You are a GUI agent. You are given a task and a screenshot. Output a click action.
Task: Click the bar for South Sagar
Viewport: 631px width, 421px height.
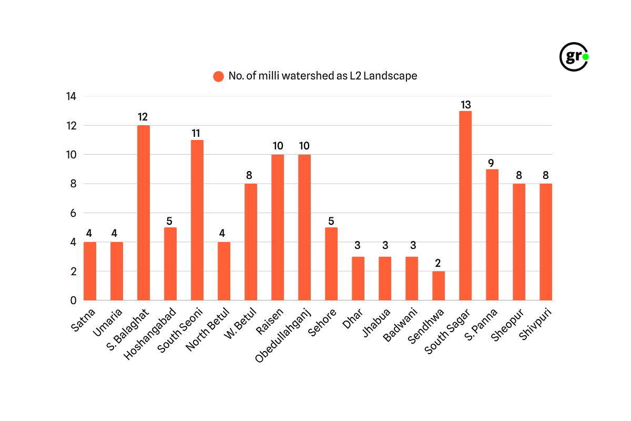tap(465, 206)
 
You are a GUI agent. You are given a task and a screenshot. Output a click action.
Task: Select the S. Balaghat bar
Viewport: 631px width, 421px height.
tap(143, 213)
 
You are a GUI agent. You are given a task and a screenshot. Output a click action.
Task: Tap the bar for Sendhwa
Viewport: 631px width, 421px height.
tap(439, 286)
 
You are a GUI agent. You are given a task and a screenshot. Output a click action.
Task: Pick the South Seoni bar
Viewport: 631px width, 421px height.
tap(197, 220)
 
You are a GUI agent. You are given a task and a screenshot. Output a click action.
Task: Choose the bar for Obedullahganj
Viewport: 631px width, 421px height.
tap(304, 227)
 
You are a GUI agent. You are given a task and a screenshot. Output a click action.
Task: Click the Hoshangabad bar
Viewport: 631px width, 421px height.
tap(170, 264)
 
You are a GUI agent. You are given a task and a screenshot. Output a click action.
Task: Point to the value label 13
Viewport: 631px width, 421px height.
tap(465, 104)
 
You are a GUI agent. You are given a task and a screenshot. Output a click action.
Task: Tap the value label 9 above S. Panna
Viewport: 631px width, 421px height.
tap(492, 163)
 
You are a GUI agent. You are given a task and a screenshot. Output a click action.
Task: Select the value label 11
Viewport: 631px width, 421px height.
tap(197, 133)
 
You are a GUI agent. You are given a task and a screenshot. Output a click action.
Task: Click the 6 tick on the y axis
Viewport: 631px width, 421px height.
tap(73, 213)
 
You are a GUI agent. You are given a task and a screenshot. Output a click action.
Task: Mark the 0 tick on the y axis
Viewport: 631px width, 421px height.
tap(73, 300)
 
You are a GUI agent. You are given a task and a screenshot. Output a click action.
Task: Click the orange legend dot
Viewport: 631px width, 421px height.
tap(219, 76)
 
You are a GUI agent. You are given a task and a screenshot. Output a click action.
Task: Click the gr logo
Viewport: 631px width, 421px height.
tap(573, 56)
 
